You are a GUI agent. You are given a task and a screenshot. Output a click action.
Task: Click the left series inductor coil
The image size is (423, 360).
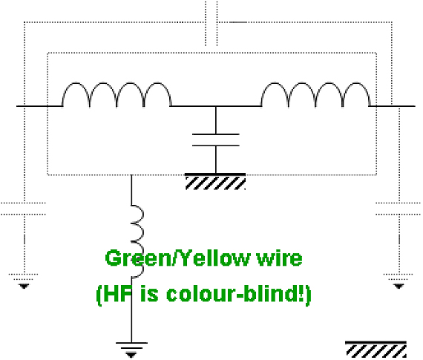pos(117,83)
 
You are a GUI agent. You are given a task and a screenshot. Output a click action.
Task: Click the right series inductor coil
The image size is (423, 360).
pos(315,83)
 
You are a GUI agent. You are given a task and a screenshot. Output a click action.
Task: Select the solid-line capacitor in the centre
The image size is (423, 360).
pos(215,140)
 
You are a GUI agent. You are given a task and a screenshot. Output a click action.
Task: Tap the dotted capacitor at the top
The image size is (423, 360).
pos(211,23)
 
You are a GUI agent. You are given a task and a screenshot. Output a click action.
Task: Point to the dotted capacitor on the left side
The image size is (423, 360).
pos(24,209)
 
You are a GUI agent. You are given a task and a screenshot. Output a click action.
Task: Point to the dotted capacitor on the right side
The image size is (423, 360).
pos(399,209)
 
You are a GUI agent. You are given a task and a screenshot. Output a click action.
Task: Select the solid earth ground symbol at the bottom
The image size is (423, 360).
pos(131,350)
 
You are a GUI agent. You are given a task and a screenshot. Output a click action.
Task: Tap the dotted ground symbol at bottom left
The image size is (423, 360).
pos(24,281)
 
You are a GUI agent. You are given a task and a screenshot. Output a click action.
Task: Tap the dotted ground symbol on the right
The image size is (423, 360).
pos(399,281)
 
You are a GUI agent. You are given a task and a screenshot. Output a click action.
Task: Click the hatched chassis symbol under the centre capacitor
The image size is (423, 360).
pos(215,182)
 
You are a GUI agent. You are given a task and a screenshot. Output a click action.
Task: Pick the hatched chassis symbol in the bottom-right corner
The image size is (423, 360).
pos(376,350)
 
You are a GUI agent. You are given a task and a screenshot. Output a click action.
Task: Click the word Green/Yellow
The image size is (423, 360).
pos(177,258)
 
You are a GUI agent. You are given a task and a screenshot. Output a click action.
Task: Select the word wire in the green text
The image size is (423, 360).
pos(280,258)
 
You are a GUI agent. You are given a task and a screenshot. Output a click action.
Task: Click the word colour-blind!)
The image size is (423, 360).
pos(239,294)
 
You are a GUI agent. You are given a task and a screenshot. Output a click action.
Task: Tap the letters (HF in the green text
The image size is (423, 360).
pos(115,295)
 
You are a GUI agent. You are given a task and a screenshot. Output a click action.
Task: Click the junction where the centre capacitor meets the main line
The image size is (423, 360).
pos(215,106)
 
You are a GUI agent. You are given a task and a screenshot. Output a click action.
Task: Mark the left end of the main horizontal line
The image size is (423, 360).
pos(17,106)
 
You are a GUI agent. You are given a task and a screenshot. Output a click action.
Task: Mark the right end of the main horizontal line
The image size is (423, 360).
pos(415,106)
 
